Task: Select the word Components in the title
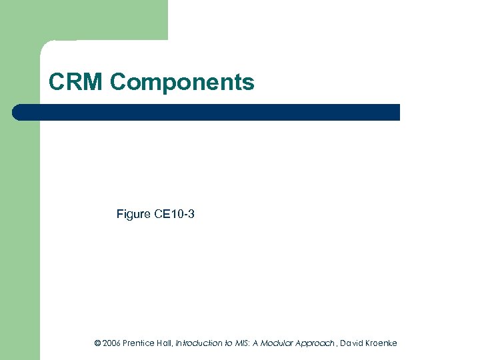click(x=182, y=83)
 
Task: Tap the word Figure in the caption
click(x=133, y=214)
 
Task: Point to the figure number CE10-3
click(x=174, y=214)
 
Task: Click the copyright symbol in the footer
click(x=97, y=343)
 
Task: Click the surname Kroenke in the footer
click(x=381, y=343)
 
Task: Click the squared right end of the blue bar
click(x=397, y=112)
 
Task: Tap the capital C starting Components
click(x=118, y=83)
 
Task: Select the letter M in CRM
click(x=94, y=82)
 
